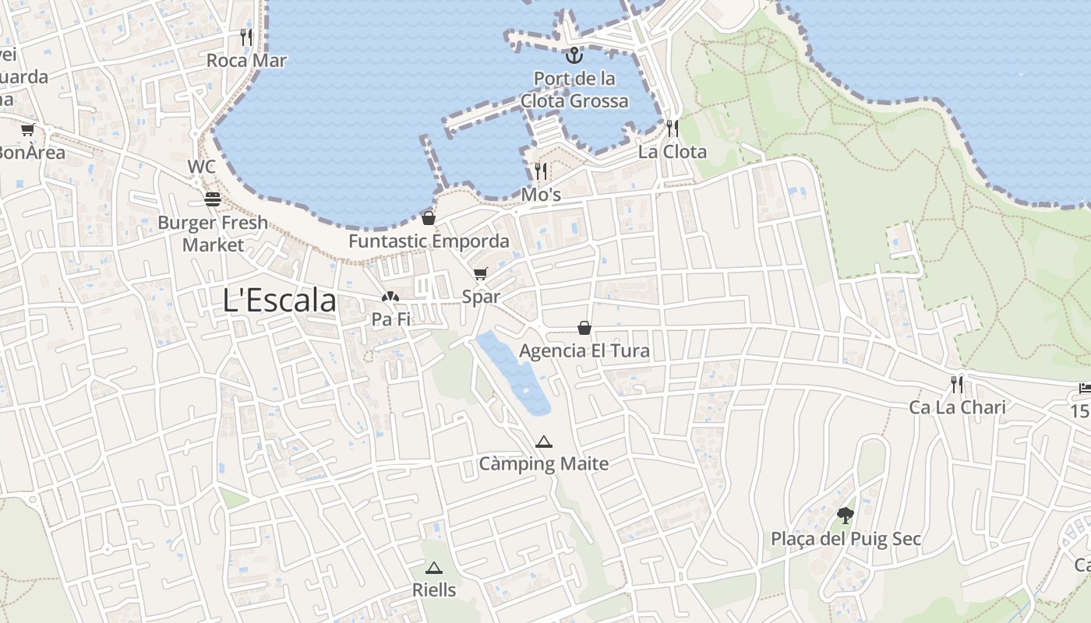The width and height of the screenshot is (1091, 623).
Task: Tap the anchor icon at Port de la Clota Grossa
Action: [x=574, y=55]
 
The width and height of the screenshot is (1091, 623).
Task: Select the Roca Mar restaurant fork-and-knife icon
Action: [x=246, y=37]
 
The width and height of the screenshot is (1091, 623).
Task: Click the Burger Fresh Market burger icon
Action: [x=213, y=199]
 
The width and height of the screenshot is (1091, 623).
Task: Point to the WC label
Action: [x=201, y=167]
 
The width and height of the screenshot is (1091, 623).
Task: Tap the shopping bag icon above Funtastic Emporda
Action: [x=428, y=218]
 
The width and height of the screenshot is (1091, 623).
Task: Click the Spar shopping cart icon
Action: [x=480, y=273]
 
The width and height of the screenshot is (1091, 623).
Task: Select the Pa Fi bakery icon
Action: [x=390, y=297]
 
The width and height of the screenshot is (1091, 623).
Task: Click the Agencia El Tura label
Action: [x=584, y=351]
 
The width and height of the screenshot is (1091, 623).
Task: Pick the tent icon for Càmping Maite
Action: [x=544, y=442]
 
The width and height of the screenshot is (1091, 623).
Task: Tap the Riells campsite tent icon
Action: [x=434, y=568]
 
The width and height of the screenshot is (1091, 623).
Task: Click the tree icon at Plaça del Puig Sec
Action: [x=846, y=515]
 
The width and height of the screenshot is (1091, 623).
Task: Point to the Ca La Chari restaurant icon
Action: [x=957, y=384]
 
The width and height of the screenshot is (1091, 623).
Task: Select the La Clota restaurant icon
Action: [x=672, y=128]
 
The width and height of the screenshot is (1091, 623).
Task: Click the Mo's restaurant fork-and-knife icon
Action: [x=541, y=171]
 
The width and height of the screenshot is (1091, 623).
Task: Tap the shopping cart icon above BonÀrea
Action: [x=28, y=130]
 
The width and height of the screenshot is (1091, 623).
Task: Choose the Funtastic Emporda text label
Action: [x=429, y=241]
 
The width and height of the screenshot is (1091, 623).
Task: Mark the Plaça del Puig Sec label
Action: [x=846, y=539]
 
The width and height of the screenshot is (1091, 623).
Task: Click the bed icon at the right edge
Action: [x=1084, y=388]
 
